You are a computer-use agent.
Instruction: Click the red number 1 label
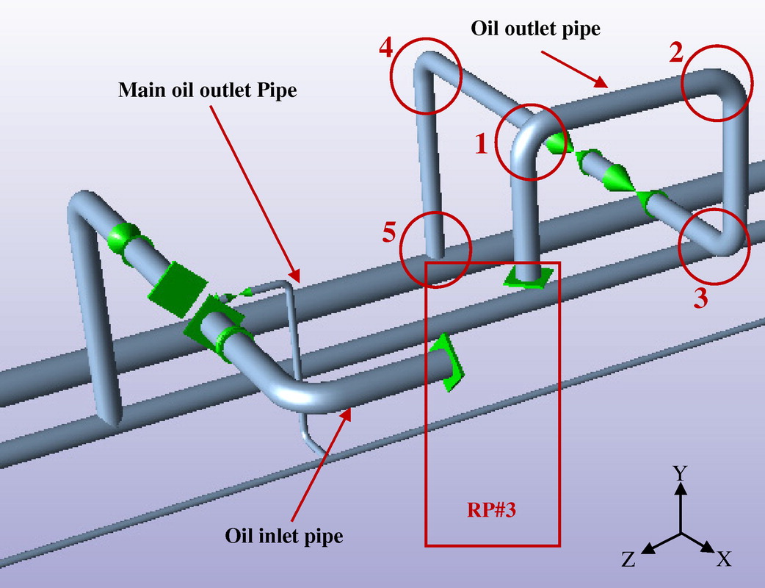(x=481, y=144)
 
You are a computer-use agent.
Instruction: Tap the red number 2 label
(x=676, y=53)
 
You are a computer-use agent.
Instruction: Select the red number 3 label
(x=700, y=299)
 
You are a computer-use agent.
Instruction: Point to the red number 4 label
(x=386, y=49)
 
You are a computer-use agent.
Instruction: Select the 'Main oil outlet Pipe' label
(x=208, y=90)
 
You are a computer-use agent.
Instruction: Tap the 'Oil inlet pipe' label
(x=284, y=536)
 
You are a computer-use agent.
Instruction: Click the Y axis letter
(x=681, y=473)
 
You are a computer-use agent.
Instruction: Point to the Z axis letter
(x=628, y=560)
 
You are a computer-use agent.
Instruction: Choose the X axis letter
(x=724, y=560)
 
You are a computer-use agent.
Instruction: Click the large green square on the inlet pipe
(x=175, y=288)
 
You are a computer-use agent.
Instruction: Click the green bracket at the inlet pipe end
(x=446, y=362)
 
